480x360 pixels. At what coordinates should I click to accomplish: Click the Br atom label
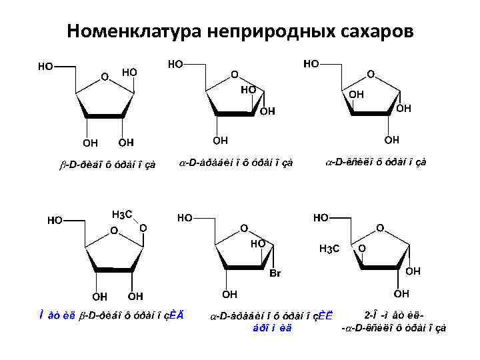[x=275, y=273]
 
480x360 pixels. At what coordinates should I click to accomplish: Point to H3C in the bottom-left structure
[x=122, y=214]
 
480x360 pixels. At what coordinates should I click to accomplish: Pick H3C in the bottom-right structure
[x=329, y=249]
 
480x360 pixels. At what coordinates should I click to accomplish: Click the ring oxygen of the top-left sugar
[x=104, y=77]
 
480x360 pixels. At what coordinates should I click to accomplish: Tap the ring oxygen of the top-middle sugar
[x=234, y=74]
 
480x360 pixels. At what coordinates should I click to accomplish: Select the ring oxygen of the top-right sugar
[x=371, y=74]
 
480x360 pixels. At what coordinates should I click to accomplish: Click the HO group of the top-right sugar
[x=311, y=64]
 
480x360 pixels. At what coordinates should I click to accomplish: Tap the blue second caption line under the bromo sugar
[x=273, y=326]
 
